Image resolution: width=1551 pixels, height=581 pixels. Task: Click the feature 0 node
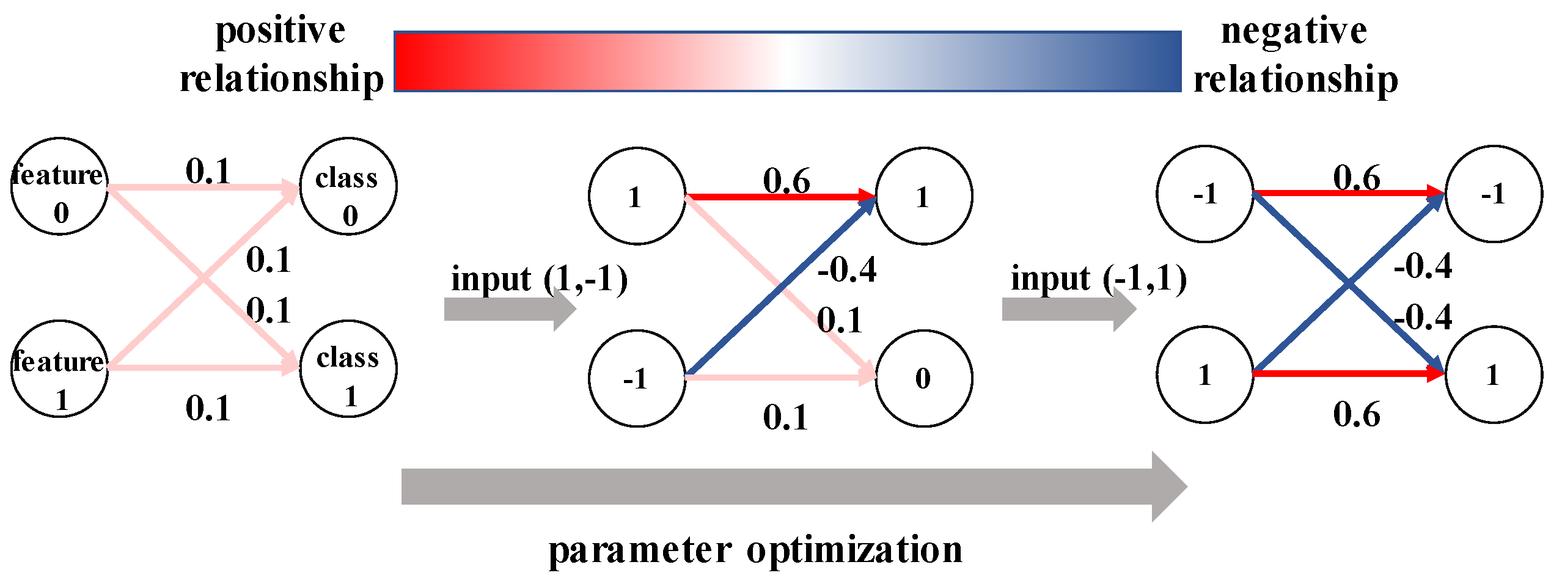tap(59, 186)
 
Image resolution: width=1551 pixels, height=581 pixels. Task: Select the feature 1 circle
tap(59, 368)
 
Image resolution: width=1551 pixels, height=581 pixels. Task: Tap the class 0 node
tap(348, 186)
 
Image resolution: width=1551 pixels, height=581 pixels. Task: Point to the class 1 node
tap(348, 368)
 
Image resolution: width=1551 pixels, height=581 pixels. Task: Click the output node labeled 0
tap(924, 378)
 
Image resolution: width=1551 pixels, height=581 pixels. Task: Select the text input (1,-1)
tap(539, 280)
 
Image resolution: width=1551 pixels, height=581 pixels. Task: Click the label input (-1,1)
tap(1099, 279)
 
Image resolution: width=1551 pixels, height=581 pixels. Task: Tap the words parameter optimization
tap(755, 549)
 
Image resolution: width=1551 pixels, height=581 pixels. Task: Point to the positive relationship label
tap(281, 55)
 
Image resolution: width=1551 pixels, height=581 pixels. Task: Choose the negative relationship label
tap(1296, 55)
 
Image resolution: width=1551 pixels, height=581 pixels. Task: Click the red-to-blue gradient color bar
tap(787, 61)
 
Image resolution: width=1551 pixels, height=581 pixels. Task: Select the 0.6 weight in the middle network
tap(787, 181)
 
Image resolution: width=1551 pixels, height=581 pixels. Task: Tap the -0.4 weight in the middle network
tap(847, 269)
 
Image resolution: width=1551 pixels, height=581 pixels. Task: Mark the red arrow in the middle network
tap(780, 197)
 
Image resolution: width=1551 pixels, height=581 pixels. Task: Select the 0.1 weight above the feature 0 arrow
tap(208, 171)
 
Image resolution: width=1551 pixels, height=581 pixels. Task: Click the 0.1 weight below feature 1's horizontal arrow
tap(208, 408)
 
